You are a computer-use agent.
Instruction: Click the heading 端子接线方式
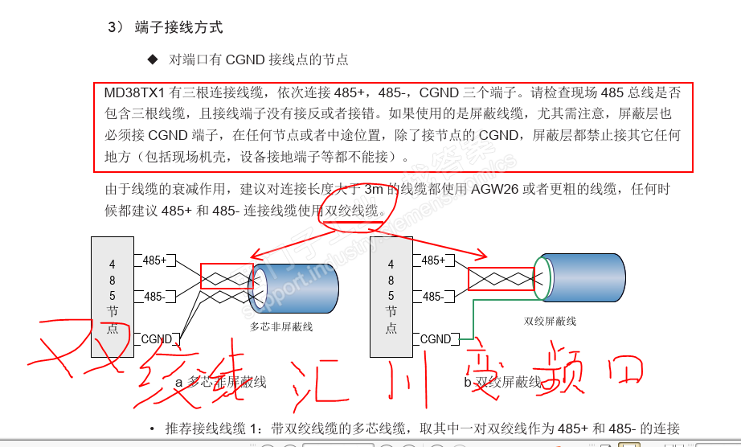(178, 27)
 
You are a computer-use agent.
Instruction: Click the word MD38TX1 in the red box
(134, 93)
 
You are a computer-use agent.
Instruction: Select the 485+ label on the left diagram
(155, 260)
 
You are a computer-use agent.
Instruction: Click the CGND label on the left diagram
(157, 339)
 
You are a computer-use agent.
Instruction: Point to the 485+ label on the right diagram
(433, 260)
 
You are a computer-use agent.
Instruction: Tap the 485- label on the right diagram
(432, 297)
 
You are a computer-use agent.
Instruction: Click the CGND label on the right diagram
(436, 339)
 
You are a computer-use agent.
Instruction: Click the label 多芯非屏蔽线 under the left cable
(281, 326)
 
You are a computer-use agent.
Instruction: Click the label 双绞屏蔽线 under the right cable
(550, 322)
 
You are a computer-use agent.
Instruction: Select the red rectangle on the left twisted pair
(227, 277)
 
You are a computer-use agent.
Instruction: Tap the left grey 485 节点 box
(113, 297)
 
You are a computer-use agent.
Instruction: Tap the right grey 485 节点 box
(391, 297)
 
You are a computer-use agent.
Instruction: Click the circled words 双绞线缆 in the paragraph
(351, 211)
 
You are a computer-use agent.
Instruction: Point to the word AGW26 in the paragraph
(495, 190)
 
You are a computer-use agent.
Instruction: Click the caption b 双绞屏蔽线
(503, 382)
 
